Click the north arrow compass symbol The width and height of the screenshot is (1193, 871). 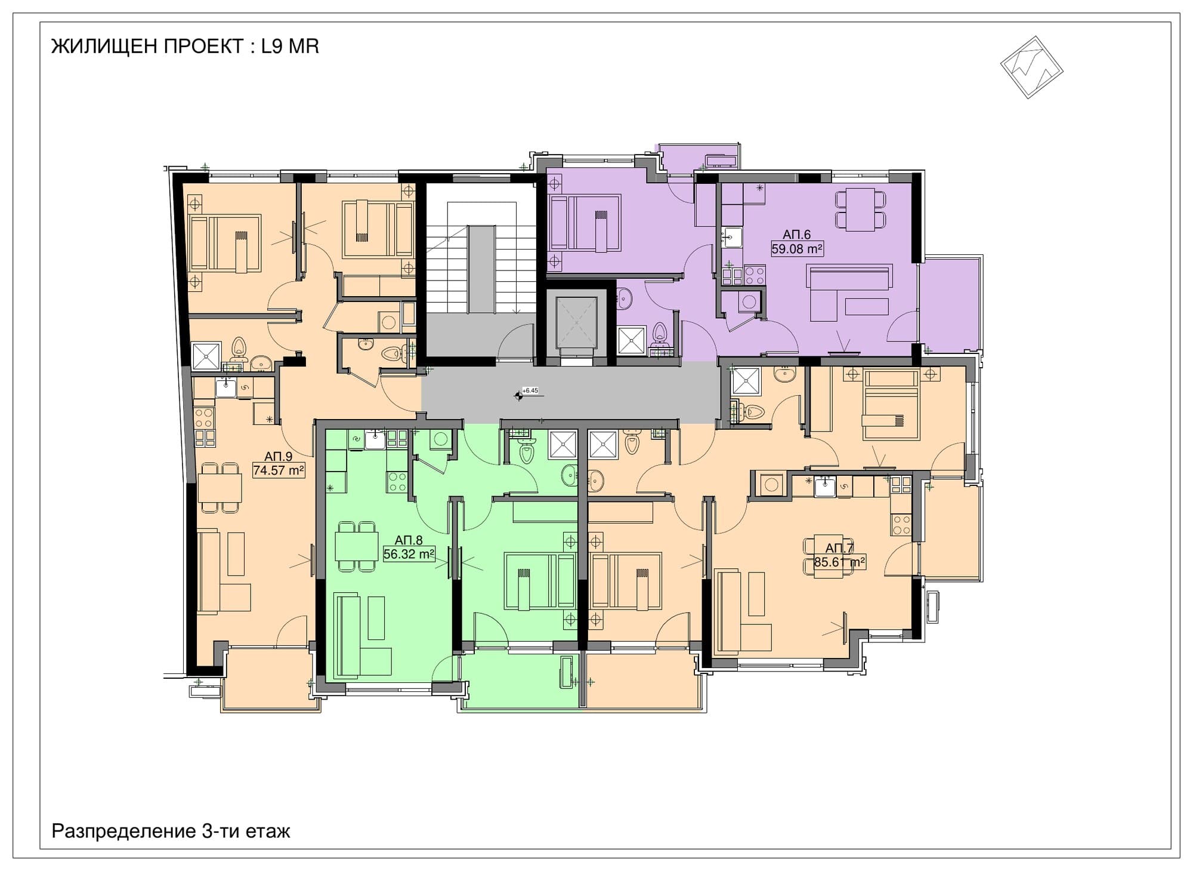click(1031, 67)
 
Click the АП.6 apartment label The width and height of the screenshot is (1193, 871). click(797, 235)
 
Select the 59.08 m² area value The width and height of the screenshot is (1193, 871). click(797, 249)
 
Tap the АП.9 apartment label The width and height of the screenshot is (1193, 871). click(279, 457)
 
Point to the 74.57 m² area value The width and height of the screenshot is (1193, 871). click(279, 470)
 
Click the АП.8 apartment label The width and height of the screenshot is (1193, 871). click(409, 541)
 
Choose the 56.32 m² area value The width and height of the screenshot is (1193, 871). click(409, 554)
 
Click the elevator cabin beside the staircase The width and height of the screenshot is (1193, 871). click(576, 322)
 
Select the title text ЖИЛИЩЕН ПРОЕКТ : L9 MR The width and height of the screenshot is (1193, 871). click(185, 47)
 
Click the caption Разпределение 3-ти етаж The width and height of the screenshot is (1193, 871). click(171, 831)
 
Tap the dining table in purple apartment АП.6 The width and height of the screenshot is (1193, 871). click(860, 209)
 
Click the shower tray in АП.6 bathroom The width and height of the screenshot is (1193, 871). click(632, 340)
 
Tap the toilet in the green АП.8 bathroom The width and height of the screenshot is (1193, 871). click(526, 451)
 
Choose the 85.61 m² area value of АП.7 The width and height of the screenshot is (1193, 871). click(840, 562)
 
